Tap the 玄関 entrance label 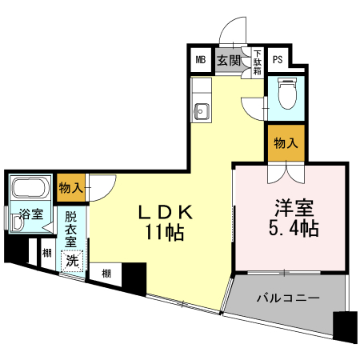click(228, 60)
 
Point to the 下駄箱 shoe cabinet click(258, 62)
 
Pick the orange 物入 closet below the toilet click(286, 144)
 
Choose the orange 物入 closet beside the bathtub click(71, 188)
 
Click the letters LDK click(166, 213)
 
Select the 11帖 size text click(166, 234)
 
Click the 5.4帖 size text click(290, 230)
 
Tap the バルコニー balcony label click(288, 298)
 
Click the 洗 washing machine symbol click(73, 261)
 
